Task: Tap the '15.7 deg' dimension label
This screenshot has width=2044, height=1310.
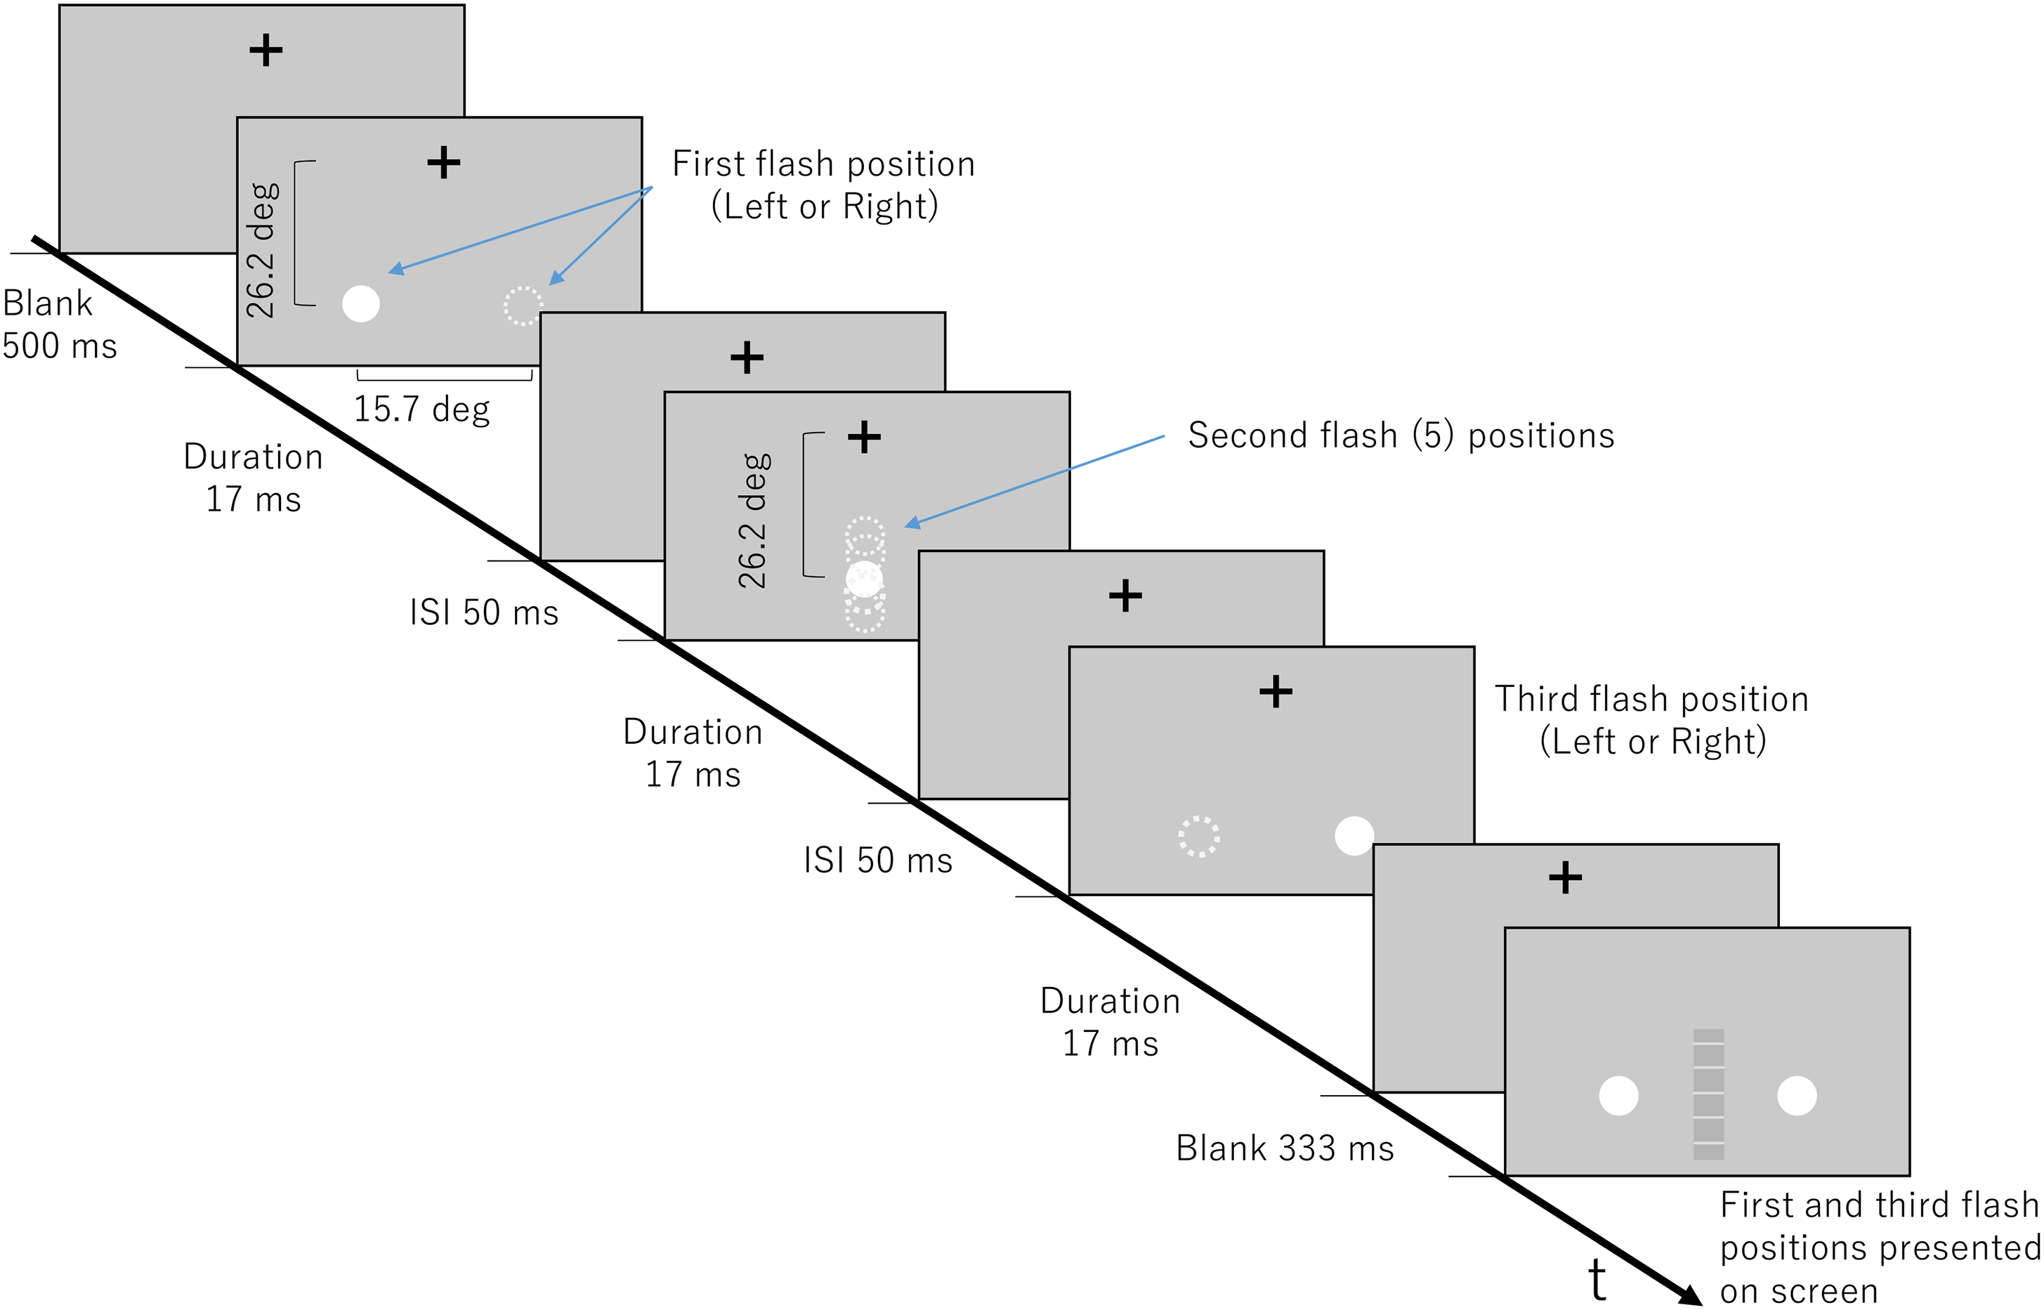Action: tap(422, 410)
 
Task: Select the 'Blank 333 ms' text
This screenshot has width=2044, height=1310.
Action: tap(1285, 1148)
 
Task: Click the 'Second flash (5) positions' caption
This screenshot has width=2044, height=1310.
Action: tap(1401, 435)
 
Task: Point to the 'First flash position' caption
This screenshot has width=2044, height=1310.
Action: tap(823, 164)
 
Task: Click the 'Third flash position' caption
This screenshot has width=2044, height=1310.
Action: tap(1652, 699)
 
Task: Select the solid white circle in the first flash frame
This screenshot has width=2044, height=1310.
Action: tap(360, 303)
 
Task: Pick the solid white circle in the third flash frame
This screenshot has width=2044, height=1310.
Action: tap(1354, 835)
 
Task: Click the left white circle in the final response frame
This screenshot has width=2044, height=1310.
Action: tap(1619, 1096)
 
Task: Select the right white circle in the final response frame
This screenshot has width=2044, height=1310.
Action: tap(1797, 1096)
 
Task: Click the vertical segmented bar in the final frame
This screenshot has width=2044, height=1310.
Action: tap(1709, 1095)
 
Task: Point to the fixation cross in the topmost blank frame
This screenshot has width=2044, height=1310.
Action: tap(266, 50)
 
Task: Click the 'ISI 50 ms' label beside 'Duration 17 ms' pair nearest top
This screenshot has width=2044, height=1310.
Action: tap(484, 613)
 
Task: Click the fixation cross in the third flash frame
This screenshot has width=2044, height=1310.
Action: tap(1276, 692)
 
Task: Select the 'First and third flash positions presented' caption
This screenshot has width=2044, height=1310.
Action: tap(1880, 1226)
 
